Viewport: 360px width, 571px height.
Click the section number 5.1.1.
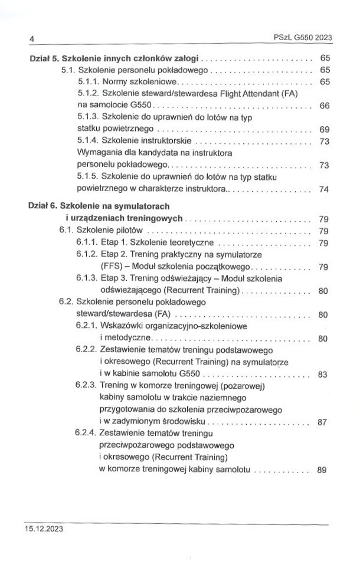[89, 81]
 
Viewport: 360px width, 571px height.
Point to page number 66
[323, 106]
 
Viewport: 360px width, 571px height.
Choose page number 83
[322, 375]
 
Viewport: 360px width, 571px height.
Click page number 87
[322, 422]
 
